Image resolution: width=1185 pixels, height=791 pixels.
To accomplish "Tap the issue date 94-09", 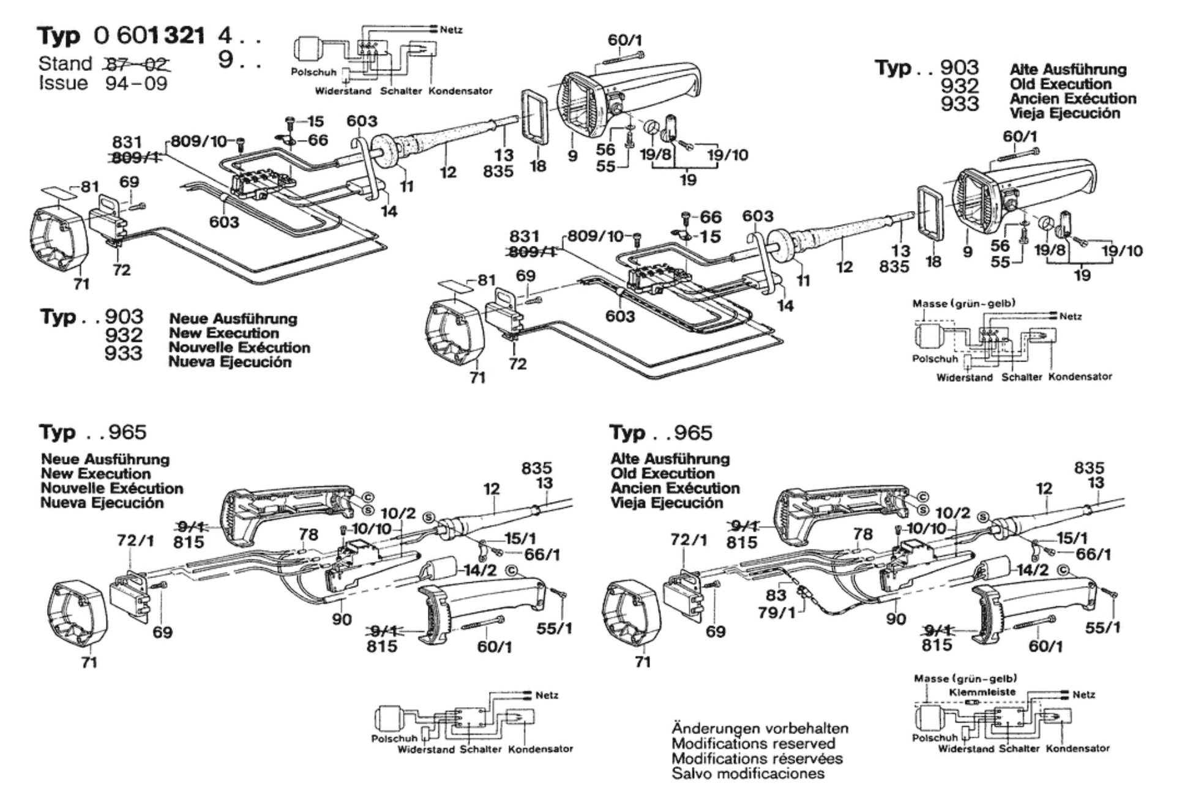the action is point(136,83).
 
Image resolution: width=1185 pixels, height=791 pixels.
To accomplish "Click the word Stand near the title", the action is point(65,64).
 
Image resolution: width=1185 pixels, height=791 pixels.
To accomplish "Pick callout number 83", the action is point(776,594).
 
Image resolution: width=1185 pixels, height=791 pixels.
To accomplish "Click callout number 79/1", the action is point(777,612).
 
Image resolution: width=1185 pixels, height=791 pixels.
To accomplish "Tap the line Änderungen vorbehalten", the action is point(760,728).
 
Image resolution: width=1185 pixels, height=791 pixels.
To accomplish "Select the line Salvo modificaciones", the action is point(748,773).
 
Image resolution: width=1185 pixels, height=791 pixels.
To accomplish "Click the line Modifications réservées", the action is point(757,759).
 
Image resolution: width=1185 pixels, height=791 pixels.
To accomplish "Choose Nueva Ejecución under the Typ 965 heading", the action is point(102,503).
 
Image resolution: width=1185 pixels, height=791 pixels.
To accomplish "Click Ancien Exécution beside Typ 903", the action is point(1073,98).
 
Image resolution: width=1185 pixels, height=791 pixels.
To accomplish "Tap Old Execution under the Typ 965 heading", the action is point(662,473).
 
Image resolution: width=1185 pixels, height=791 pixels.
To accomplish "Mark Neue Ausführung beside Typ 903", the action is point(233,319).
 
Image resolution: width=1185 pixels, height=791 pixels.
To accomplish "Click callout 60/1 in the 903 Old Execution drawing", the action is point(1020,136).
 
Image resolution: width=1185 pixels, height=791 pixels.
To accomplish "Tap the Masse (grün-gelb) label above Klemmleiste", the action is point(965,678).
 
